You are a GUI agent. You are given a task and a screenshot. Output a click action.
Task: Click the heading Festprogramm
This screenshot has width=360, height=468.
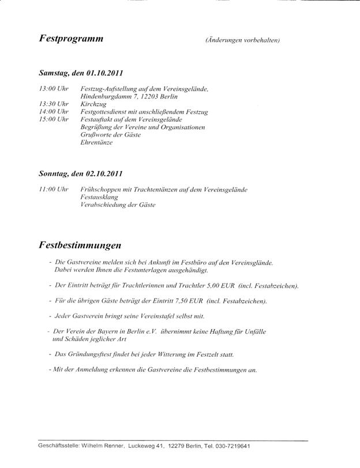72,39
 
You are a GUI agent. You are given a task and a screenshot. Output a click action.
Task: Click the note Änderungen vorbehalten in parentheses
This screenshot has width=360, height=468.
242,40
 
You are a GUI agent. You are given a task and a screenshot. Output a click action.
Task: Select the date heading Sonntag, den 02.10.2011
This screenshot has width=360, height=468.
80,173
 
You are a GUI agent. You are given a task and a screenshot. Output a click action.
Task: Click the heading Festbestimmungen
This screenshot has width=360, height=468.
80,245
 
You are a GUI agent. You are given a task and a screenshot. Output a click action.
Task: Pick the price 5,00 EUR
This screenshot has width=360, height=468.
223,285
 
